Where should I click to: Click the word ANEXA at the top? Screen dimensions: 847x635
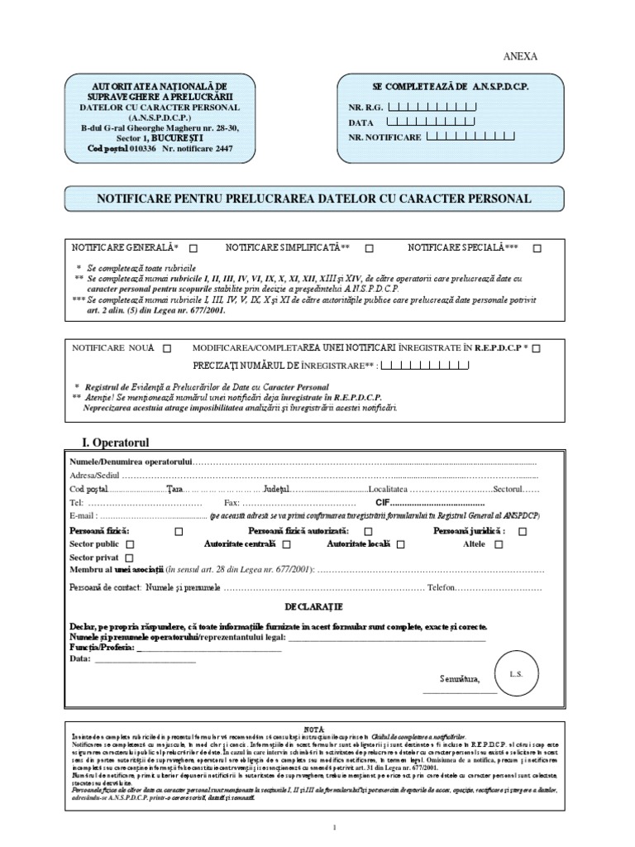pyautogui.click(x=520, y=56)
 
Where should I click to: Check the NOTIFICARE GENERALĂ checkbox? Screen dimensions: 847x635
pyautogui.click(x=193, y=247)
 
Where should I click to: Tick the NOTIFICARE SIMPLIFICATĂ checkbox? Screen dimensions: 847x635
pyautogui.click(x=369, y=247)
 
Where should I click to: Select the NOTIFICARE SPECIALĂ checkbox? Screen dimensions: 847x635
pyautogui.click(x=537, y=247)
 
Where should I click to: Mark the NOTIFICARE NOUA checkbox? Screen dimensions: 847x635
pyautogui.click(x=168, y=348)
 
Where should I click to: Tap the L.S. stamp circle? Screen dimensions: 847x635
pyautogui.click(x=516, y=674)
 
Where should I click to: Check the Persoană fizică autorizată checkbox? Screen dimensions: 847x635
pyautogui.click(x=368, y=531)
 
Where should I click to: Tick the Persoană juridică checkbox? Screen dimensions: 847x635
pyautogui.click(x=523, y=531)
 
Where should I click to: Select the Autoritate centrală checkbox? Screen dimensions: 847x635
pyautogui.click(x=286, y=544)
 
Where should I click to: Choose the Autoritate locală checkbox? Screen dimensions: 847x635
pyautogui.click(x=400, y=544)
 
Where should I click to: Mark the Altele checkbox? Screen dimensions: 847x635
pyautogui.click(x=499, y=544)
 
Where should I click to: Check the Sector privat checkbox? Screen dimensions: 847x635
pyautogui.click(x=128, y=558)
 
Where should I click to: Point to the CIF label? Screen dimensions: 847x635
pyautogui.click(x=382, y=502)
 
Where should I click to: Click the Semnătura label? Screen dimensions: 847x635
pyautogui.click(x=461, y=679)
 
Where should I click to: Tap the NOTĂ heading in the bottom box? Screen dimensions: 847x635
pyautogui.click(x=313, y=727)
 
